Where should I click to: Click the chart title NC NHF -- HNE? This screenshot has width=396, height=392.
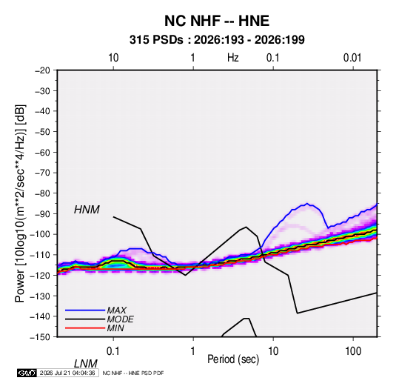(217, 21)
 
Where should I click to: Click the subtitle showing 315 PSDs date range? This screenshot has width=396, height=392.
(217, 40)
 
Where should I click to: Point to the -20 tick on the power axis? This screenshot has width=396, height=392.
(42, 70)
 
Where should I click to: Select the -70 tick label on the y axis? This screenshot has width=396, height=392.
(42, 173)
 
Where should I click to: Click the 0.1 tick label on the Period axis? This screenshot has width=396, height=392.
(113, 351)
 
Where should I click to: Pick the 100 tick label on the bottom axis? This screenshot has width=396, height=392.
(353, 351)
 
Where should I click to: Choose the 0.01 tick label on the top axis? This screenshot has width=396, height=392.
(352, 58)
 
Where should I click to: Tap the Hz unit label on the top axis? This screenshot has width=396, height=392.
(233, 58)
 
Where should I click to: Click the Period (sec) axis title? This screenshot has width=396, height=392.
(233, 359)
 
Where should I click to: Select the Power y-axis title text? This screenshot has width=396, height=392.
(20, 204)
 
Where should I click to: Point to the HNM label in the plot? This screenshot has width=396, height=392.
(87, 210)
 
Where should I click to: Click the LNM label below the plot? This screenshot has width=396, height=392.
(85, 364)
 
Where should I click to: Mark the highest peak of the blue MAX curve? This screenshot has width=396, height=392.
(307, 203)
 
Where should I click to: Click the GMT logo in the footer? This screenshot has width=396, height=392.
(27, 373)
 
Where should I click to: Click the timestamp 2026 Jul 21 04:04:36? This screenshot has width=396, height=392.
(67, 373)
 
